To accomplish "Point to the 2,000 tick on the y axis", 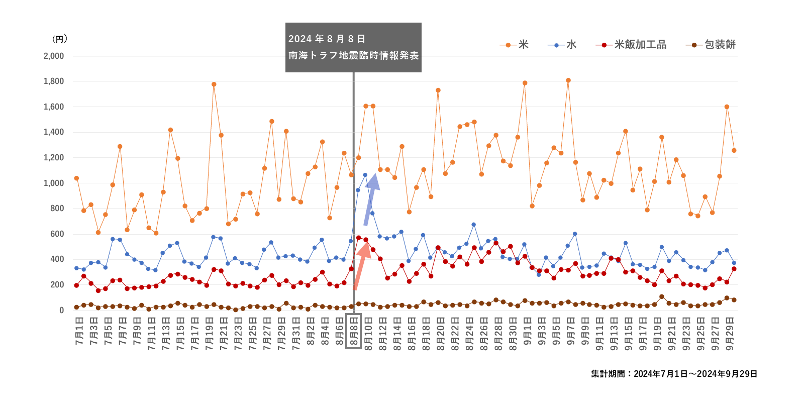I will tap(54, 56).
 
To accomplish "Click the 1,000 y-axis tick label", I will tap(54, 183).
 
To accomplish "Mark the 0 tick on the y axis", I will tap(61, 311).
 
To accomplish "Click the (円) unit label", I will tap(59, 39).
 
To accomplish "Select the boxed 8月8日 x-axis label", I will tap(354, 331).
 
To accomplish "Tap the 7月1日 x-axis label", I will tap(79, 331).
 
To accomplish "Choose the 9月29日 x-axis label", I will tap(730, 334).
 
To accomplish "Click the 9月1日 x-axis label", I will tap(528, 331).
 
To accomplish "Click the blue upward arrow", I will tap(371, 198).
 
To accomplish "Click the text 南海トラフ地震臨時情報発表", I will tap(353, 55).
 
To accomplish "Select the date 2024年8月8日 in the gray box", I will tap(327, 39).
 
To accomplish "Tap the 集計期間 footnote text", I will tap(674, 374).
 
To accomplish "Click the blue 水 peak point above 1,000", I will tap(365, 175).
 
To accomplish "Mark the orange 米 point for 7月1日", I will tap(76, 178).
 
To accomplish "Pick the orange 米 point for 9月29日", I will tap(734, 150).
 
